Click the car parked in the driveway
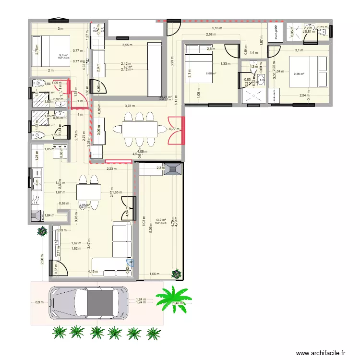point(89,303)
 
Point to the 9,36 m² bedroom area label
point(299,74)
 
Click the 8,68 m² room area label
point(211,73)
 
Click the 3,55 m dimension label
point(127,46)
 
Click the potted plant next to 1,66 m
point(178,274)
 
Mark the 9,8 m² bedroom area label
point(61,55)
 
